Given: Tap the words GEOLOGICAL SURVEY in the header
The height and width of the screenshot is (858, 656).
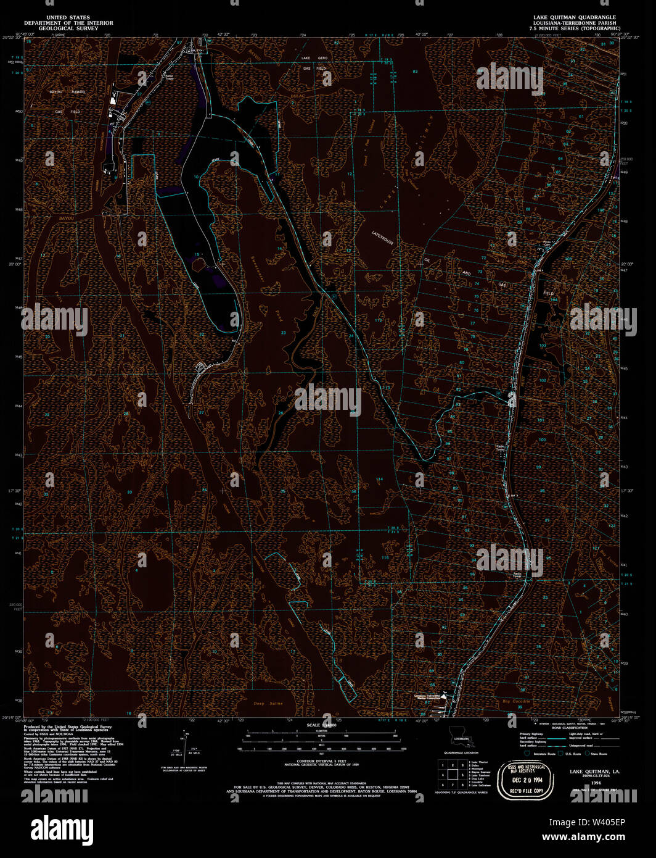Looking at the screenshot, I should click(x=68, y=28).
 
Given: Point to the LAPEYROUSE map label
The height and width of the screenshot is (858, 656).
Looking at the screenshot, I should click(x=383, y=238).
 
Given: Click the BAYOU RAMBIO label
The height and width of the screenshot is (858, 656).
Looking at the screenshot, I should click(x=67, y=92).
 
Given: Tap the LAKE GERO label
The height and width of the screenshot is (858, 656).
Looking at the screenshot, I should click(x=314, y=57).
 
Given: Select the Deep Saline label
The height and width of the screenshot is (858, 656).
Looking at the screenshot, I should click(x=268, y=704).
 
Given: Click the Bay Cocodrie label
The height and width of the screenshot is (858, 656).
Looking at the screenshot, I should click(x=516, y=702).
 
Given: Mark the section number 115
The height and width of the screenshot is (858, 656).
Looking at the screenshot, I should click(x=385, y=557).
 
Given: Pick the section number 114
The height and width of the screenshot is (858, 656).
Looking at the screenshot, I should click(x=379, y=479).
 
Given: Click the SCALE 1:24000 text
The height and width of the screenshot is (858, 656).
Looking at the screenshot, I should click(x=322, y=725).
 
